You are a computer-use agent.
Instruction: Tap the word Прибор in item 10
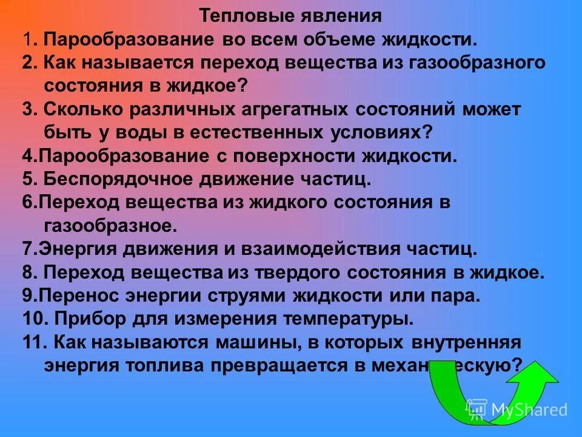pos(84,319)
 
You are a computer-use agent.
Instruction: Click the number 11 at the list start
pos(30,342)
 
